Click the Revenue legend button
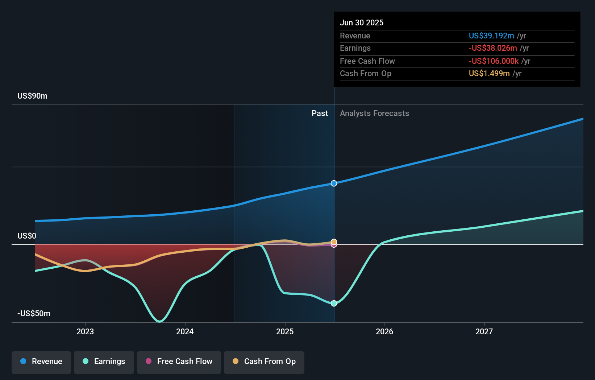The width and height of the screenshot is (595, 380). [41, 362]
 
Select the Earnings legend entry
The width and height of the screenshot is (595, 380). [104, 362]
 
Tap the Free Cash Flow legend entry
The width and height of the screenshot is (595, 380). [179, 362]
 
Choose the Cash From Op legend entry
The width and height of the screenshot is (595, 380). [264, 362]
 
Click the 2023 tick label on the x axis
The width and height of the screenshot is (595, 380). [85, 332]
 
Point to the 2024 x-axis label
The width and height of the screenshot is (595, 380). [185, 332]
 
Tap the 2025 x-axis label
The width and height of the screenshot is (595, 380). [285, 332]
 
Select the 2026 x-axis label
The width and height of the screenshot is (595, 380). [384, 332]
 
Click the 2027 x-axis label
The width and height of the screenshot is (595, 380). [484, 332]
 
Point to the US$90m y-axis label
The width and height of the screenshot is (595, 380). [33, 96]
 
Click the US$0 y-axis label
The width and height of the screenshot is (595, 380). [27, 236]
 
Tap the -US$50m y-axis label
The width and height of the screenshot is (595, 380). [34, 314]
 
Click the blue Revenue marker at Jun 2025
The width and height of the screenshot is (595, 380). [334, 183]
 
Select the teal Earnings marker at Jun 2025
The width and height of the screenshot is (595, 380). [334, 303]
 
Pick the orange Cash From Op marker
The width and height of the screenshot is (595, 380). [334, 241]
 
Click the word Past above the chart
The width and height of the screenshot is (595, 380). [320, 113]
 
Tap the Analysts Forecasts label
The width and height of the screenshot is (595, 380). [374, 113]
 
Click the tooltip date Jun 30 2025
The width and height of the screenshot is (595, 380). [362, 23]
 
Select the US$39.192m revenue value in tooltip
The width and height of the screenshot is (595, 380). [491, 36]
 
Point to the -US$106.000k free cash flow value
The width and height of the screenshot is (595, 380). [494, 61]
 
